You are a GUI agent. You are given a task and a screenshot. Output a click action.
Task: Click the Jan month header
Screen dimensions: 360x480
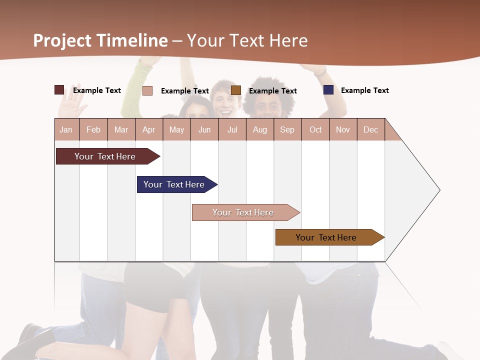(x=66, y=129)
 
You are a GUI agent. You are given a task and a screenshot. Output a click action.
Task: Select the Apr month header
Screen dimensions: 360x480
(x=148, y=129)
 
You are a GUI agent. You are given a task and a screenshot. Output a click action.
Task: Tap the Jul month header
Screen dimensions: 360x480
(x=232, y=129)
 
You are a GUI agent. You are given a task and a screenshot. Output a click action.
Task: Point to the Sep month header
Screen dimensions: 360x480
(x=287, y=129)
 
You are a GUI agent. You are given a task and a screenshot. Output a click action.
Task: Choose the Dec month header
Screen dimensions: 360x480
(x=370, y=129)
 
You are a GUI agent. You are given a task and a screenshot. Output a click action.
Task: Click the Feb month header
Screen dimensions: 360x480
(x=93, y=129)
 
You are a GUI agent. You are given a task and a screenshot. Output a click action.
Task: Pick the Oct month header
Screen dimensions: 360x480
(x=315, y=129)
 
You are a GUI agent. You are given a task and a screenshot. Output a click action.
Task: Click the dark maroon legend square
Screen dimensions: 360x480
(x=59, y=90)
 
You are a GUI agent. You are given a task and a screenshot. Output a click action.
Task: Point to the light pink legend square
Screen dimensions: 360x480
(x=147, y=90)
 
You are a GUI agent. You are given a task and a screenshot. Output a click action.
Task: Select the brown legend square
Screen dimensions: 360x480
(x=236, y=90)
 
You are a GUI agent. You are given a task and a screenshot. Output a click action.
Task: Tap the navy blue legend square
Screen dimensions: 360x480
(x=328, y=90)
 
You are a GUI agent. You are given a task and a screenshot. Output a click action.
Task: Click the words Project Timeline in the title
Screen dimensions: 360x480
(x=100, y=40)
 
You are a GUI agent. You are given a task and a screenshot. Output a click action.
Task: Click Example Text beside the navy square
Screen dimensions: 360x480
(x=364, y=90)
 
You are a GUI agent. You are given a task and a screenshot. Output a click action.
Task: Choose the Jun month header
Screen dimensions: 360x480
(x=204, y=129)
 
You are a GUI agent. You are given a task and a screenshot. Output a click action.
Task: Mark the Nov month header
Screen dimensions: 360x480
(x=343, y=129)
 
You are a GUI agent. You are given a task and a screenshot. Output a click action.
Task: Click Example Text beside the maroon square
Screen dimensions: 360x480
(x=97, y=90)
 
